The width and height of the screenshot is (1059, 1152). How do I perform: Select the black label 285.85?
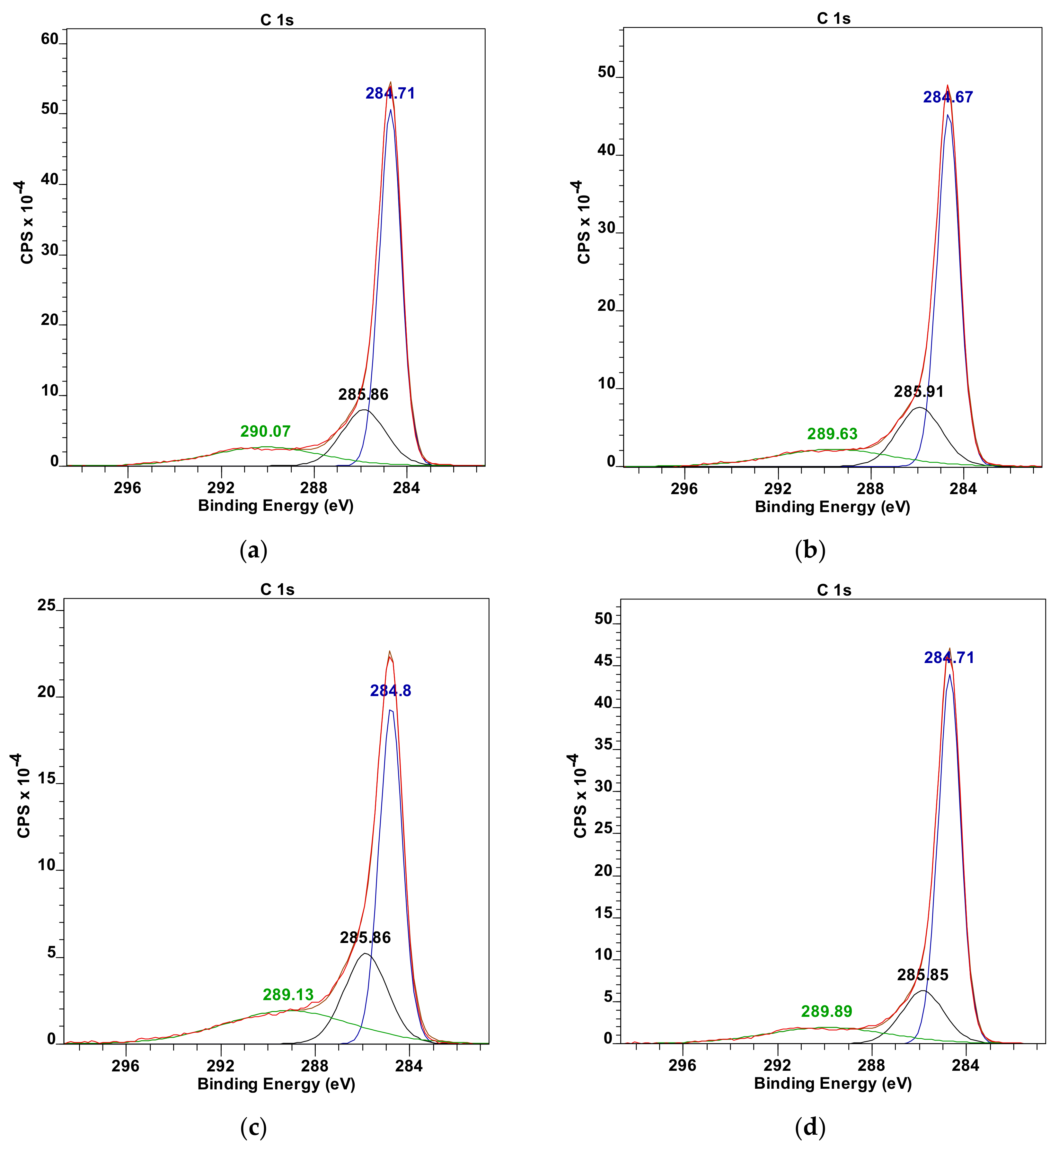[x=922, y=975]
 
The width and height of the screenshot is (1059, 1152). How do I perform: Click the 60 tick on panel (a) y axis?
[x=50, y=39]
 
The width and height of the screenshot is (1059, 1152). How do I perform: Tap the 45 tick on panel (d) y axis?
[x=604, y=660]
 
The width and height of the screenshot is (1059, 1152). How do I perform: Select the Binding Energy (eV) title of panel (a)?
[x=276, y=506]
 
